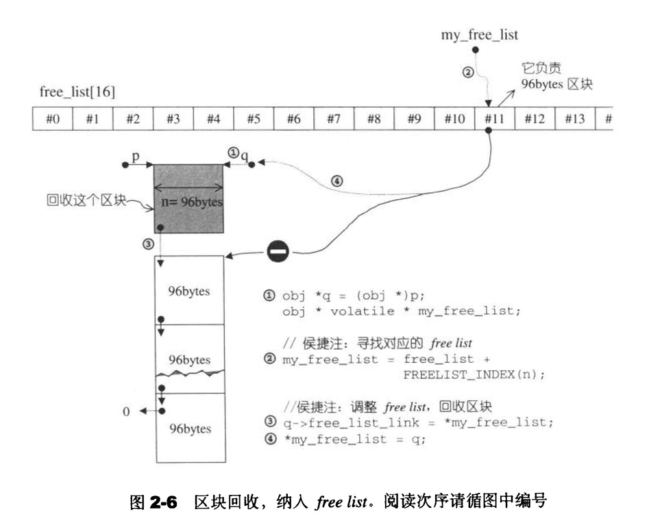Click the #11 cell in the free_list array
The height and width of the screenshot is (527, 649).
pos(493,118)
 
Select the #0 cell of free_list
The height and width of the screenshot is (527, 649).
pos(53,118)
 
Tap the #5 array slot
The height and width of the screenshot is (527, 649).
pos(254,118)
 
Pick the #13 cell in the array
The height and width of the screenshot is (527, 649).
pos(574,118)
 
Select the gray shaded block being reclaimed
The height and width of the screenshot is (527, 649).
pos(189,198)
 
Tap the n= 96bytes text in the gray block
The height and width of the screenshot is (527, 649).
pos(193,203)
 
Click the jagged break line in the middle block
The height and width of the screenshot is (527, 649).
pos(190,374)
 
